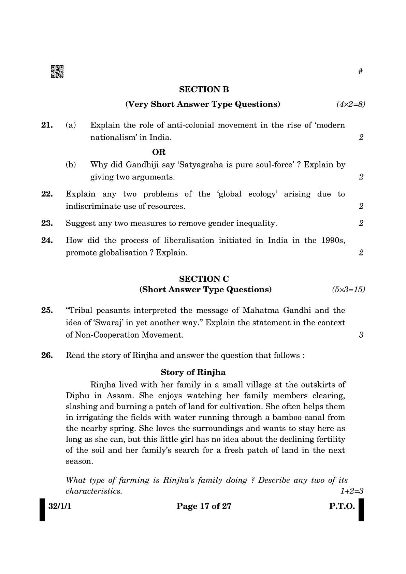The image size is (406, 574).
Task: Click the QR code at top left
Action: click(57, 71)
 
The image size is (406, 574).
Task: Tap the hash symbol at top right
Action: click(361, 71)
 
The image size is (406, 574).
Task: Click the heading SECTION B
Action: click(204, 89)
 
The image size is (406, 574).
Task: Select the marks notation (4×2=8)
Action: click(351, 104)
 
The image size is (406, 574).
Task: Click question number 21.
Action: click(47, 125)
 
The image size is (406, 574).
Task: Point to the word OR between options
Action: click(159, 152)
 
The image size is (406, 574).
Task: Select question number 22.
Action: click(47, 194)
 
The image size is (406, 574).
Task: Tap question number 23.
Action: click(47, 223)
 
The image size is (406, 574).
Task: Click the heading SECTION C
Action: click(204, 279)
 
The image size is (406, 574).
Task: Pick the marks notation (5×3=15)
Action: click(348, 290)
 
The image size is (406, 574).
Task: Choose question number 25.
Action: click(47, 310)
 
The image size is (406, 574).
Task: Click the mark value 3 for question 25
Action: click(361, 335)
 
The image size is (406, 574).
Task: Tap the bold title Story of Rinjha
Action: click(193, 372)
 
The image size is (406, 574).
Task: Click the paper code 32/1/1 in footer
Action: click(60, 506)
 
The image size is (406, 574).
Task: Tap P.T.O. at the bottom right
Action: click(342, 506)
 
